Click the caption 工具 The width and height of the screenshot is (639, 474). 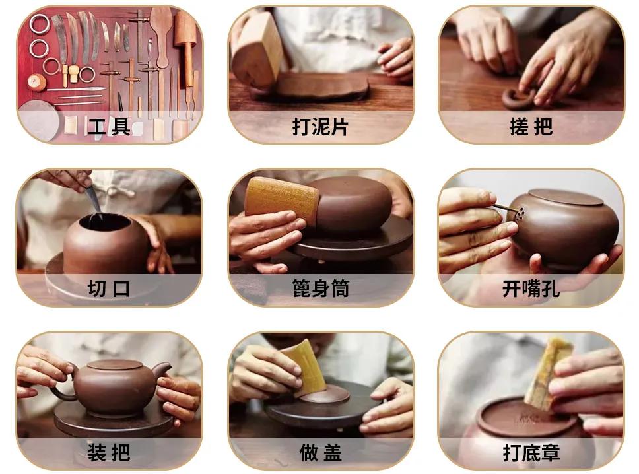(x=109, y=126)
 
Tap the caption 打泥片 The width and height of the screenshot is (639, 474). (x=320, y=126)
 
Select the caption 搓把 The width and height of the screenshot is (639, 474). (x=531, y=126)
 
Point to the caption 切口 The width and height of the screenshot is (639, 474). (x=109, y=288)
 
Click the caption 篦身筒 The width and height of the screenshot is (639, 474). (x=320, y=288)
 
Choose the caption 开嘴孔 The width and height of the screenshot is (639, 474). (x=531, y=288)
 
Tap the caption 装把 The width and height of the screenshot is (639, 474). (x=109, y=452)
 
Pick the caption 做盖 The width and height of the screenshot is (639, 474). (x=320, y=452)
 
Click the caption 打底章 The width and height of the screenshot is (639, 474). (x=531, y=452)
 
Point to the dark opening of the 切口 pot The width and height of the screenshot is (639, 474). (x=106, y=222)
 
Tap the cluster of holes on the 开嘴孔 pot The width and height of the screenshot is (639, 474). (x=520, y=214)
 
